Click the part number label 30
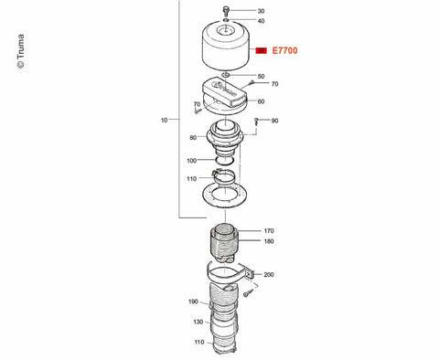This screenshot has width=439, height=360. (261, 11)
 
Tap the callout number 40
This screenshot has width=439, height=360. (261, 21)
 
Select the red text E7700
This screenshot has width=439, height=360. (284, 50)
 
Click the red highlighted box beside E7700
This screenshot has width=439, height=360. (261, 50)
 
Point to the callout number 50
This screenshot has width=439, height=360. (261, 76)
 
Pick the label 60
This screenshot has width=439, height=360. (261, 101)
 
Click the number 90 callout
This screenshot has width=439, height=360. (274, 121)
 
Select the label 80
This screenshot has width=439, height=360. (193, 138)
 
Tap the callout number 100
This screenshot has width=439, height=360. (191, 161)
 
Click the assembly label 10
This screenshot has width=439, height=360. (164, 120)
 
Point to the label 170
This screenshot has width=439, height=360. (269, 231)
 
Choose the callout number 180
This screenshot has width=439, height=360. (269, 241)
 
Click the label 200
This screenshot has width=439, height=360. (269, 275)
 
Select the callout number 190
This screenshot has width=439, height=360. (193, 302)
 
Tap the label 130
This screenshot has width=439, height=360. (198, 322)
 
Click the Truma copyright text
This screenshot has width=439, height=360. (20, 51)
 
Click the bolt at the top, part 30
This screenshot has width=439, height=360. (226, 10)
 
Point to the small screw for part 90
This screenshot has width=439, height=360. (256, 122)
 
